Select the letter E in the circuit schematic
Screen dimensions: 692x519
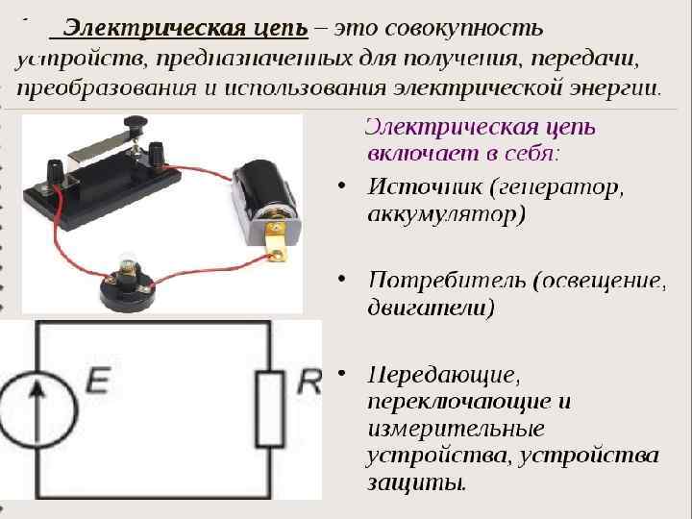98,383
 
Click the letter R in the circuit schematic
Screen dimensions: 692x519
309,383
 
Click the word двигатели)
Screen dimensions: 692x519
432,308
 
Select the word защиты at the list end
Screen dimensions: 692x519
416,482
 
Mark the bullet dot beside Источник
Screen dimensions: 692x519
343,185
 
